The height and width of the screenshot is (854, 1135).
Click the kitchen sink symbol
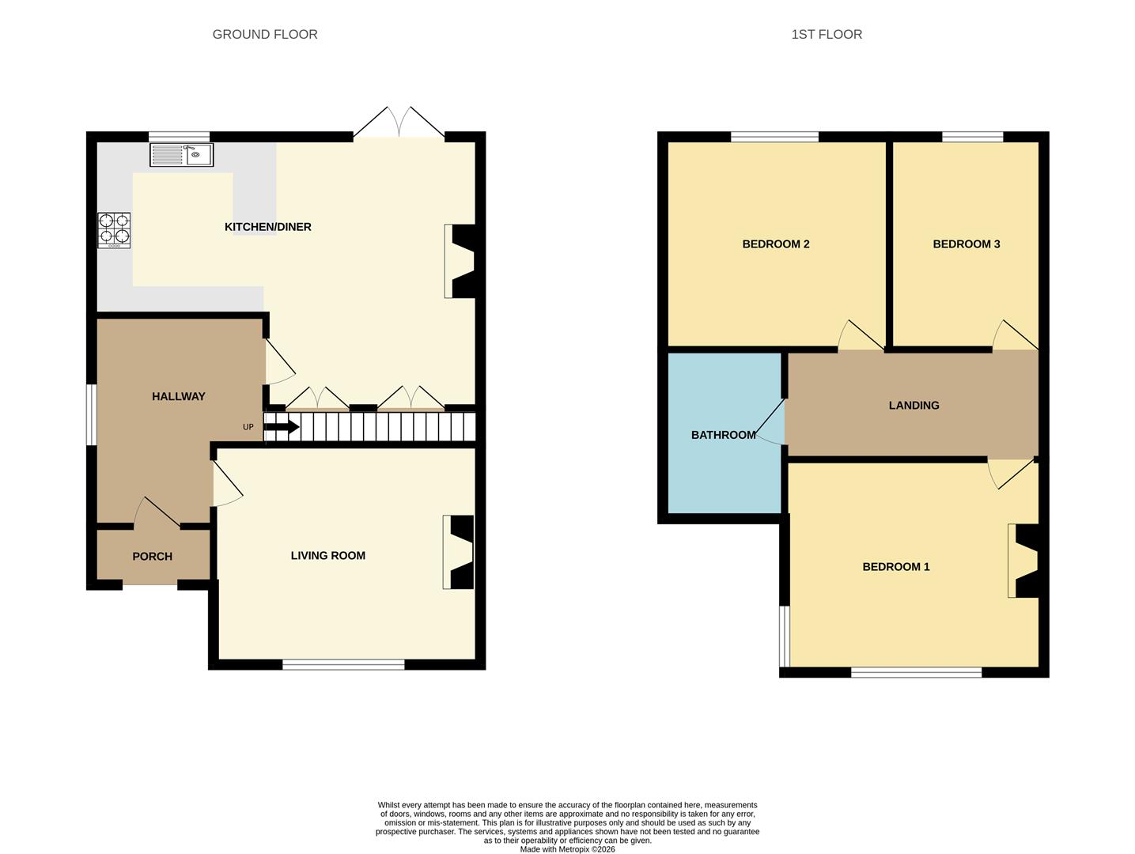click(x=181, y=154)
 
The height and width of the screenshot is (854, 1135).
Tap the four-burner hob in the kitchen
click(x=114, y=230)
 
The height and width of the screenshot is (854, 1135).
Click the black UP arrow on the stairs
click(x=281, y=428)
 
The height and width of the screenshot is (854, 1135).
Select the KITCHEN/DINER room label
click(x=268, y=227)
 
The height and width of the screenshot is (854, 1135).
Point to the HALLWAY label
click(x=179, y=396)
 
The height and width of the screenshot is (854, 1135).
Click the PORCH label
click(x=153, y=557)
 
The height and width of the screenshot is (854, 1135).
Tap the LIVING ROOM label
click(x=328, y=556)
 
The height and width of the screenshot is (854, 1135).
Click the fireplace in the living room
click(x=460, y=552)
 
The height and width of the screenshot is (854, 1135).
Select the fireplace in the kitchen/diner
click(x=461, y=261)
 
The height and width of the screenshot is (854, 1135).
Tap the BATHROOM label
click(x=724, y=435)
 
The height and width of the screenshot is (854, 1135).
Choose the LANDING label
click(x=914, y=406)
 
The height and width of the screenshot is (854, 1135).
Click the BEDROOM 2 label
click(x=776, y=244)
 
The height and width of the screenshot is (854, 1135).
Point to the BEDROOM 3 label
click(x=967, y=244)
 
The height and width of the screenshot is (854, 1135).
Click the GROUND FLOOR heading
click(x=265, y=34)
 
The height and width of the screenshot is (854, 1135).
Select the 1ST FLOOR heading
click(x=827, y=34)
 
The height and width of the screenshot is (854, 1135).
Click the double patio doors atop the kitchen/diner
click(x=399, y=123)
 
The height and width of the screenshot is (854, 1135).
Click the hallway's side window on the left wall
click(x=92, y=415)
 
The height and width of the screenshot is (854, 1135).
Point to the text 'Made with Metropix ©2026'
click(x=567, y=849)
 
